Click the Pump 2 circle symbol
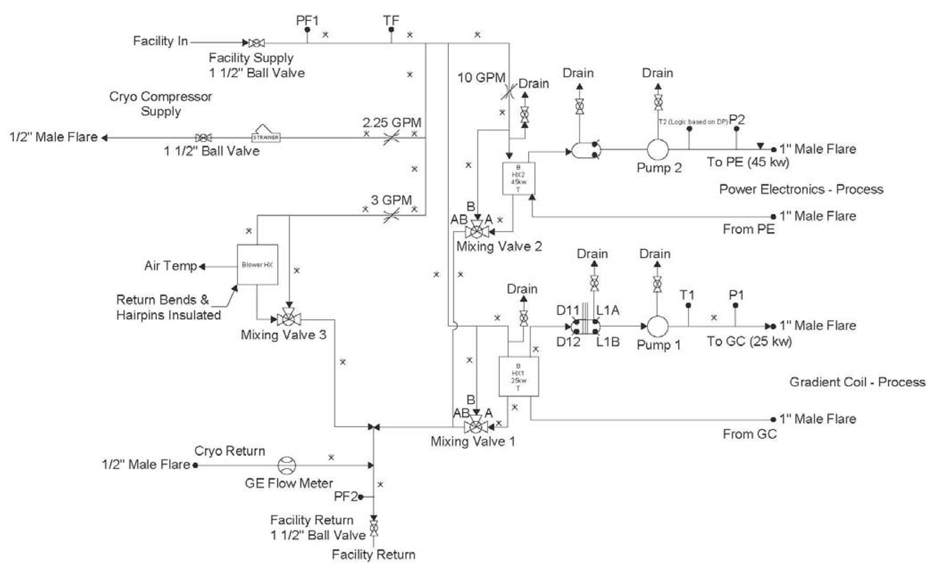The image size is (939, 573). click(658, 149)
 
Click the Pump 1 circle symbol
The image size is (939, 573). click(657, 326)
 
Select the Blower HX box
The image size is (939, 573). click(258, 264)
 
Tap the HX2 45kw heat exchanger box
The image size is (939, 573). click(518, 178)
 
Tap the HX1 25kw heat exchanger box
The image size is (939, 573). click(518, 376)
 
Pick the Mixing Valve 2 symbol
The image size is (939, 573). click(477, 231)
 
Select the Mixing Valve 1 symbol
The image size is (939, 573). click(476, 426)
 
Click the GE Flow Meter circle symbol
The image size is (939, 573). click(287, 465)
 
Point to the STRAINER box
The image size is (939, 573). click(265, 137)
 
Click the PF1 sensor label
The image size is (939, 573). click(307, 21)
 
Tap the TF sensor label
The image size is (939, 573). click(391, 21)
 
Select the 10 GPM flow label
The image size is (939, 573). click(481, 77)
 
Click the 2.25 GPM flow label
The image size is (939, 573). click(392, 123)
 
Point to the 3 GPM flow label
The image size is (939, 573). click(391, 200)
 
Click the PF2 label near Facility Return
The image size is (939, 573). click(346, 496)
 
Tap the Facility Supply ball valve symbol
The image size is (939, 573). click(257, 42)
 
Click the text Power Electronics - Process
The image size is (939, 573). click(801, 189)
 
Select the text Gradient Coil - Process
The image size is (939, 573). click(857, 382)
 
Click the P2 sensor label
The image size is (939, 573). click(737, 120)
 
